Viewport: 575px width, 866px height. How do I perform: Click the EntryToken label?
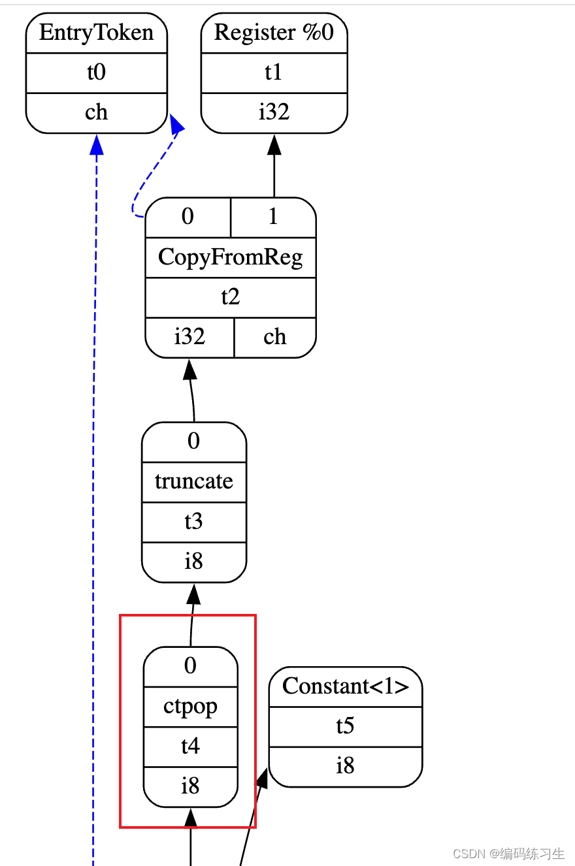tap(96, 33)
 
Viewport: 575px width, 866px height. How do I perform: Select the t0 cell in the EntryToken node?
tap(96, 72)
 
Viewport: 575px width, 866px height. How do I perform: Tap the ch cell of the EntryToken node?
tap(96, 112)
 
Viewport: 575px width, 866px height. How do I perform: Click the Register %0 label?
tap(274, 33)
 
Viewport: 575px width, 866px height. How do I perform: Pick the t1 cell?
tap(274, 72)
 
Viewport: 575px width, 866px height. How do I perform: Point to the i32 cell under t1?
tap(274, 112)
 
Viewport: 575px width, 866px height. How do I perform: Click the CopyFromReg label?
tap(230, 257)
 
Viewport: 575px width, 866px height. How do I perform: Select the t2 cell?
tap(230, 297)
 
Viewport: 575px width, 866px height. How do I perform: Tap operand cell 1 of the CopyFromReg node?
tap(273, 217)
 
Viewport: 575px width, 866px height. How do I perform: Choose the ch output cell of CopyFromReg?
tap(274, 337)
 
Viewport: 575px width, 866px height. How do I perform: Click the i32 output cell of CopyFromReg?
tap(189, 337)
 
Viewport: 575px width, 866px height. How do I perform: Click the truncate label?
tap(193, 482)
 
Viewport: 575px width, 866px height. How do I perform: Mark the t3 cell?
tap(193, 522)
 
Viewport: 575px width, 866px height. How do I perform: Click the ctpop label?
tap(190, 707)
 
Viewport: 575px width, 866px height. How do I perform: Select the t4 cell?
tap(190, 746)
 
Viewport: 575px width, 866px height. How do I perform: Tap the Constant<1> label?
tap(345, 686)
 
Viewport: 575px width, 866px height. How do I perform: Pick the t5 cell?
tap(345, 726)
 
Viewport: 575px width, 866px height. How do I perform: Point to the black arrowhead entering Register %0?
tap(274, 144)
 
